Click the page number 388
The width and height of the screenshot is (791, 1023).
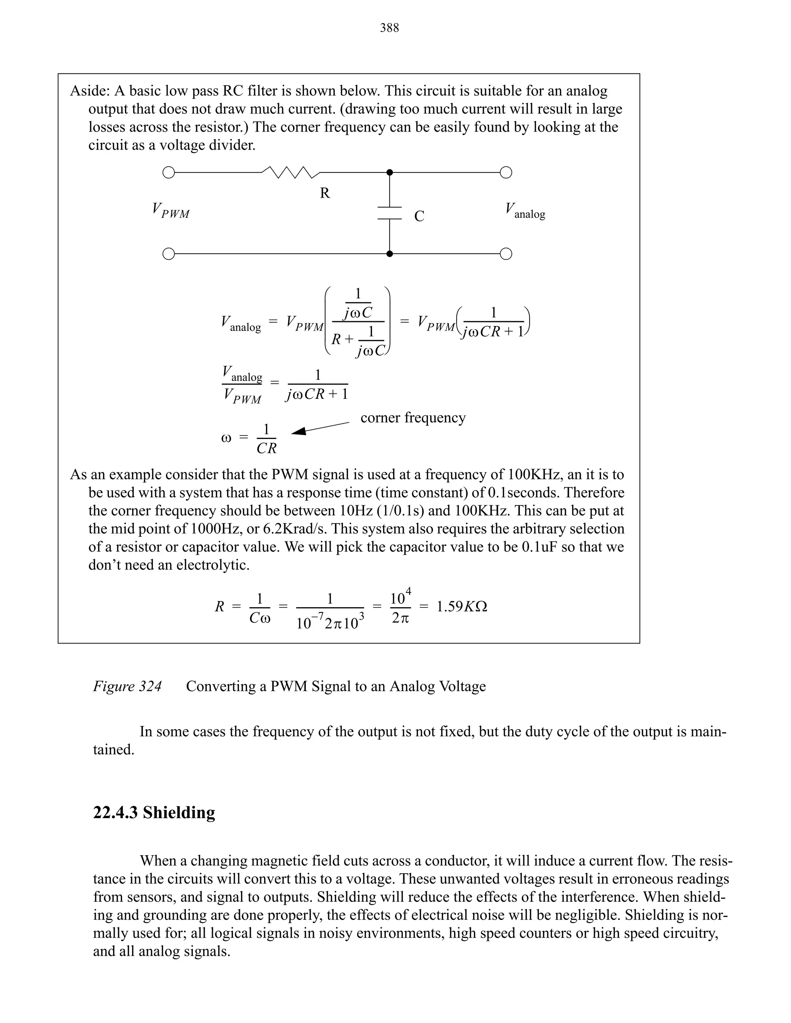(389, 28)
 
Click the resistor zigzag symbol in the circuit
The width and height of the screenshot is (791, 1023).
(290, 173)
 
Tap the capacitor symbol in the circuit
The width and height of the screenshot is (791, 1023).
(389, 213)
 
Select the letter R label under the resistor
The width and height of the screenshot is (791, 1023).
(325, 193)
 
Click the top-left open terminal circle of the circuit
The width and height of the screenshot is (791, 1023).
(168, 173)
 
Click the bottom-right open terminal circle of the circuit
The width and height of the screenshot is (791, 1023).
(506, 254)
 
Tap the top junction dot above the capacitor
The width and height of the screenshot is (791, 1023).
(389, 173)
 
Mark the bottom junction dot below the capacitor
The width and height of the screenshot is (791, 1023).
(389, 254)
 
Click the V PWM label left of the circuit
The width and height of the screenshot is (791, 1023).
(171, 211)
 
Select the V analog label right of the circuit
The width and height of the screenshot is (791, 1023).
(525, 211)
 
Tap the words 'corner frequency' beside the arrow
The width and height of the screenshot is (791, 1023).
(413, 417)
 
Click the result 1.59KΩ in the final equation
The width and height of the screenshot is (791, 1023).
(462, 607)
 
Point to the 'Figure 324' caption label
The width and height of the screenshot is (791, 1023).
(127, 686)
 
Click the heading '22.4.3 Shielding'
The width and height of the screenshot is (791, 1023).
(154, 812)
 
